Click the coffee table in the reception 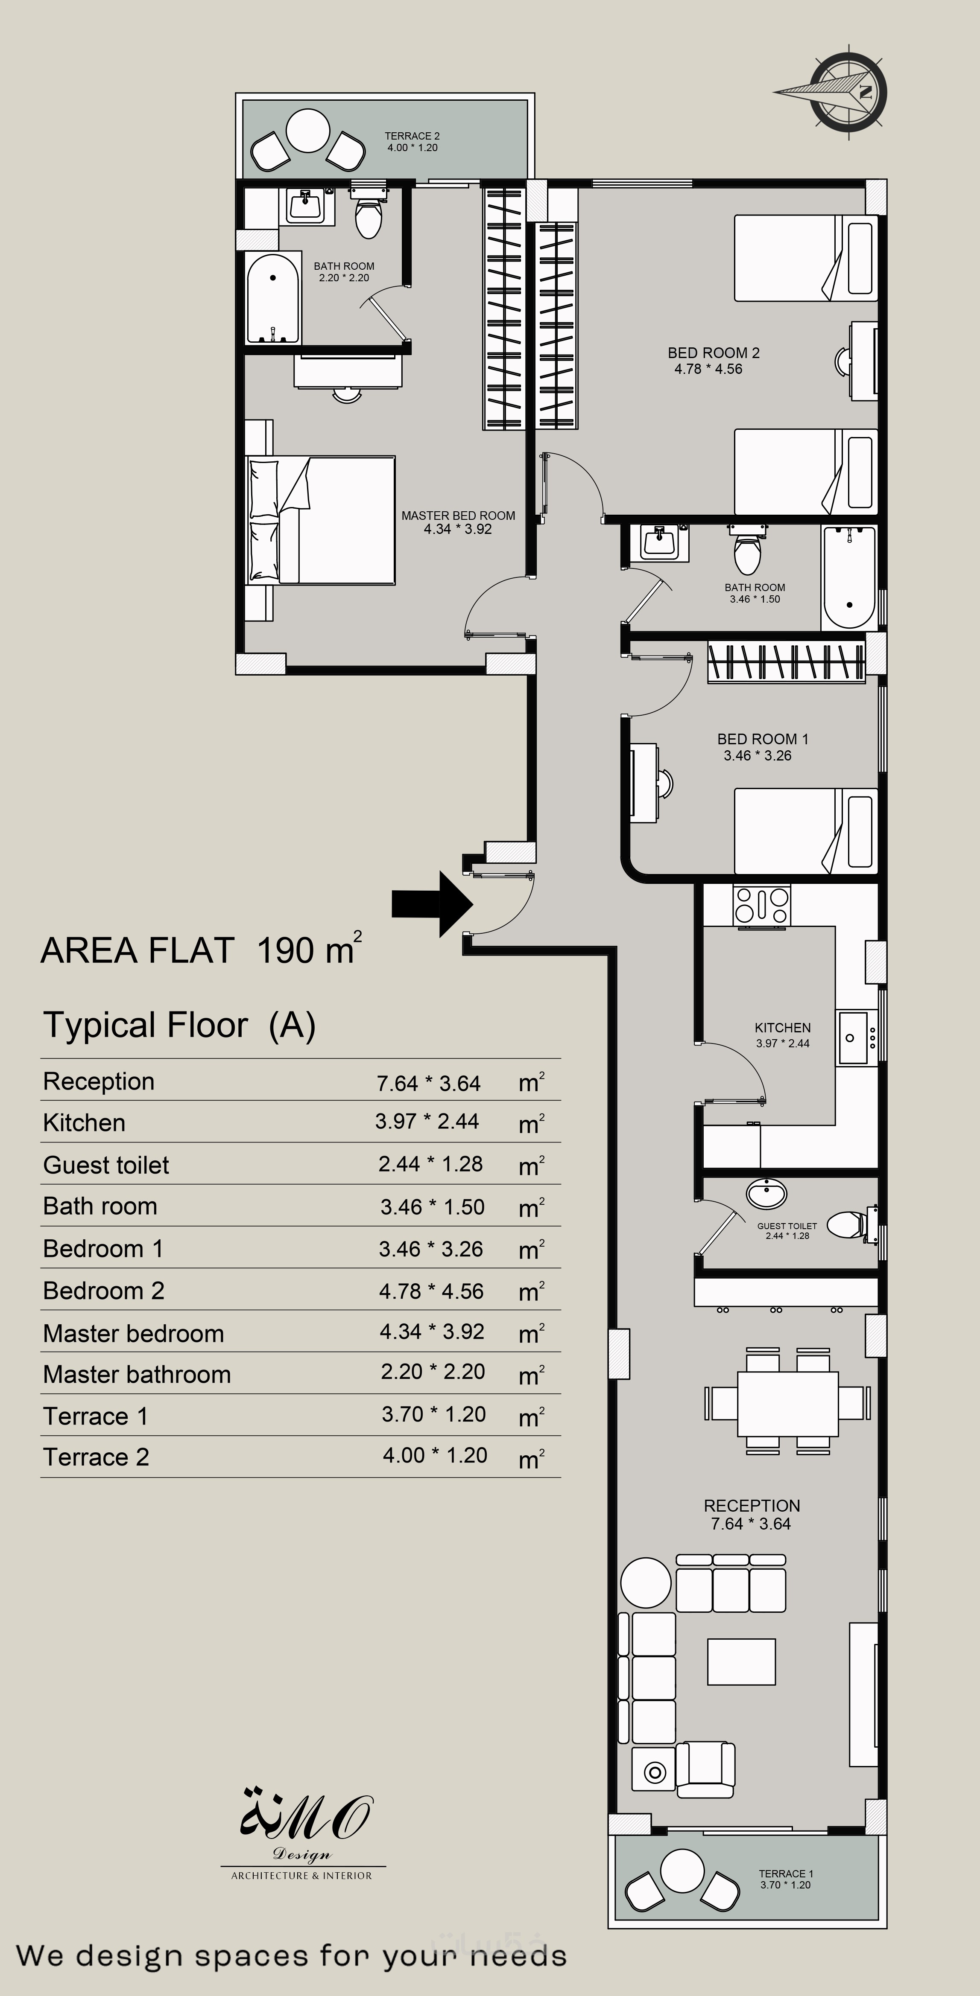(741, 1661)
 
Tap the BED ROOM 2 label (713, 353)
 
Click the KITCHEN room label (782, 1027)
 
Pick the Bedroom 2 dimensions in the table (431, 1291)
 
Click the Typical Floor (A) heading (179, 1025)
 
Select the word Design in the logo (301, 1855)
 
